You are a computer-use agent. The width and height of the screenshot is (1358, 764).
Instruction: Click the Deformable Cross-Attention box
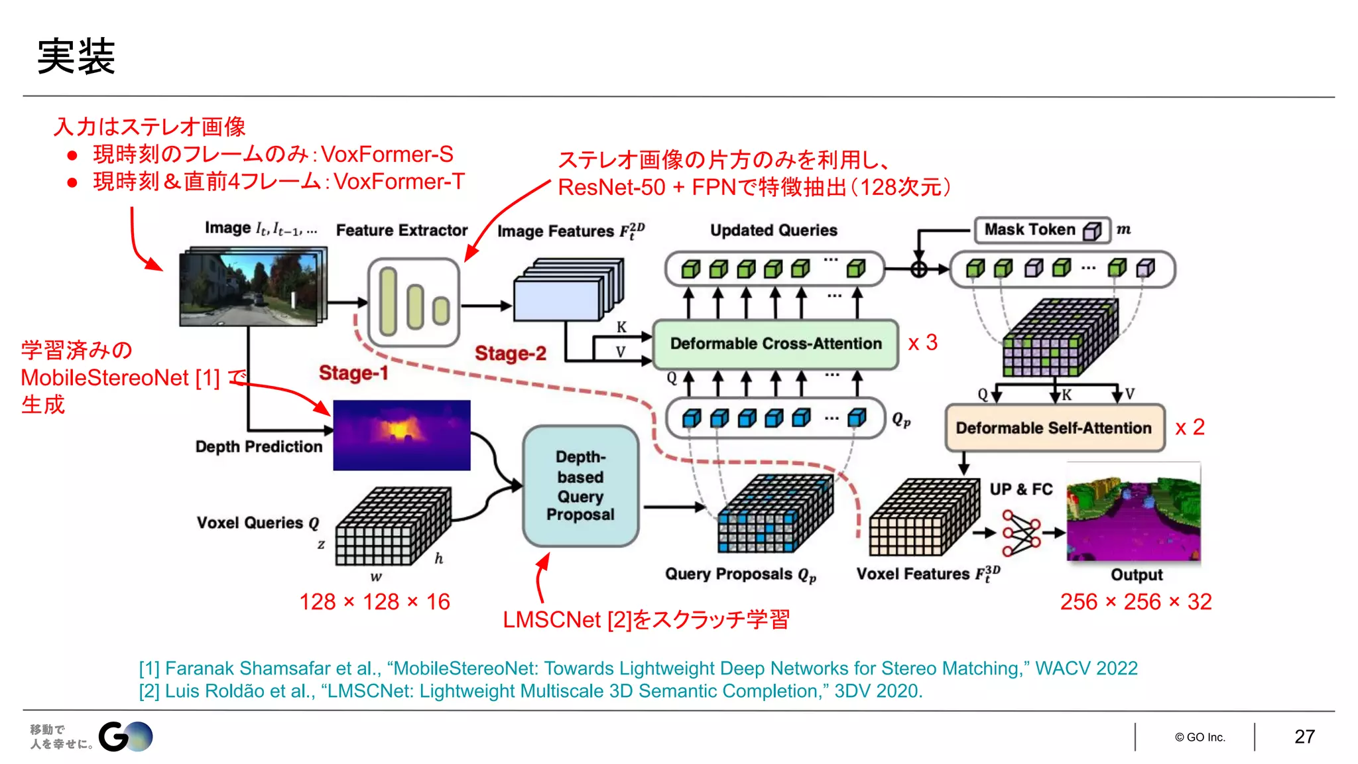click(775, 344)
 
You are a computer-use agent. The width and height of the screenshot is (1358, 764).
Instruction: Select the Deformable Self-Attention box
click(1054, 428)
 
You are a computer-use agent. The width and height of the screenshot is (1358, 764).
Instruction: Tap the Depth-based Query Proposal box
click(580, 486)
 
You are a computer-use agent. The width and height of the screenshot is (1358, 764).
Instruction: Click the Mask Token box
click(1041, 230)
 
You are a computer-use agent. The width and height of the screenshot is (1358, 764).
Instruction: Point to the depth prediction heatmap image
click(401, 435)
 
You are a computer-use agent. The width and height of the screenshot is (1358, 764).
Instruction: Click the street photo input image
click(252, 288)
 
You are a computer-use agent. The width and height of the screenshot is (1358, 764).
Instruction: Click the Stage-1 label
click(353, 373)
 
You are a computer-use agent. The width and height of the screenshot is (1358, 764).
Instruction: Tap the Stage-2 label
click(510, 353)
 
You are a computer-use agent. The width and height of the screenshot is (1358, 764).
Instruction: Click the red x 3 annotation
click(922, 343)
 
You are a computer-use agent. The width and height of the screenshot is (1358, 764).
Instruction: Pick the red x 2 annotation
click(1190, 427)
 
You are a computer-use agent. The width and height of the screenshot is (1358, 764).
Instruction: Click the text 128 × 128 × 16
click(375, 602)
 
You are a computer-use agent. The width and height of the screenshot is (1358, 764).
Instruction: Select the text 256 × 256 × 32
click(1135, 602)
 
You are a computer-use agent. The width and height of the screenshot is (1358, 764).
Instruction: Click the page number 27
click(1304, 737)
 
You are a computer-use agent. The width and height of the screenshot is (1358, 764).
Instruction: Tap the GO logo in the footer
click(126, 737)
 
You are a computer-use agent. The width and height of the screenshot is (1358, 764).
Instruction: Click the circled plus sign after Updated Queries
click(918, 269)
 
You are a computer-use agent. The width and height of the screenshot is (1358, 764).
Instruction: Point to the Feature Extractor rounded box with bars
click(414, 303)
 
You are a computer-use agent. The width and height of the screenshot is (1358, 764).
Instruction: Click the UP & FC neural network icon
click(1021, 533)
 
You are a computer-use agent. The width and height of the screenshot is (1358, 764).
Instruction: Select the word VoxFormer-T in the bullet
click(399, 182)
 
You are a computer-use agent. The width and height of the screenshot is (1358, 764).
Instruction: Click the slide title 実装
click(76, 56)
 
